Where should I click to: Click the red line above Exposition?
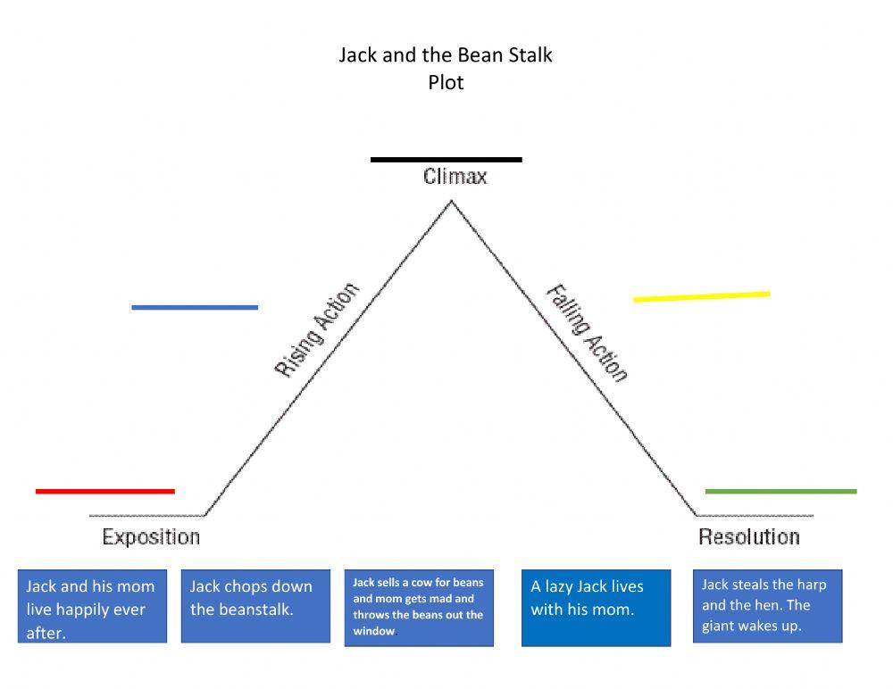105,491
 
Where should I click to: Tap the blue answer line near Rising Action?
195,307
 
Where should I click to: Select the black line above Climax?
446,160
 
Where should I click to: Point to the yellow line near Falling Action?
702,296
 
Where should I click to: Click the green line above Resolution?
780,491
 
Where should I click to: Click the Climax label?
455,177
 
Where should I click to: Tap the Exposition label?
151,537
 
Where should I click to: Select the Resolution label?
748,537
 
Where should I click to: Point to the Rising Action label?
317,330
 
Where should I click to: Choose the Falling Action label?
587,333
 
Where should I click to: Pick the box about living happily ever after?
92,606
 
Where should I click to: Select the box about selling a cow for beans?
419,607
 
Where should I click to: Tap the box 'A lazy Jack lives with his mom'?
596,607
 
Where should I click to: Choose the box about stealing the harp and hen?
767,606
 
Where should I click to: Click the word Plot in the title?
446,82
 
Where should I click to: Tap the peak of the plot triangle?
451,201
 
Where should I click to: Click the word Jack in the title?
358,55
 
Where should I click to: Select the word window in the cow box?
373,631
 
